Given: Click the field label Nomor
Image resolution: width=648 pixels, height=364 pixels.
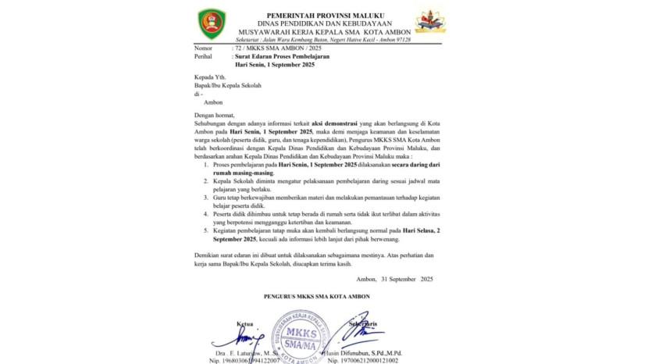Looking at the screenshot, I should pos(205,48).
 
